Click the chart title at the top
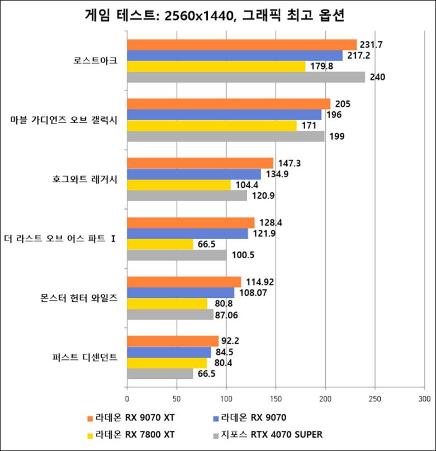tap(218, 16)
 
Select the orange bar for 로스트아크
tap(241, 45)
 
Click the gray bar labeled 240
tap(246, 77)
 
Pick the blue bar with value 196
tap(224, 115)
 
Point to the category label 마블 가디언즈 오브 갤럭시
tap(64, 120)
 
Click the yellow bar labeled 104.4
tap(179, 184)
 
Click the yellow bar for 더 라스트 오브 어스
tap(160, 244)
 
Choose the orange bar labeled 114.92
tap(184, 282)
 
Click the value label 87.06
tap(230, 315)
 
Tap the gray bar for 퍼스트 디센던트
tap(160, 374)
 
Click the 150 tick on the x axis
tap(276, 398)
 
